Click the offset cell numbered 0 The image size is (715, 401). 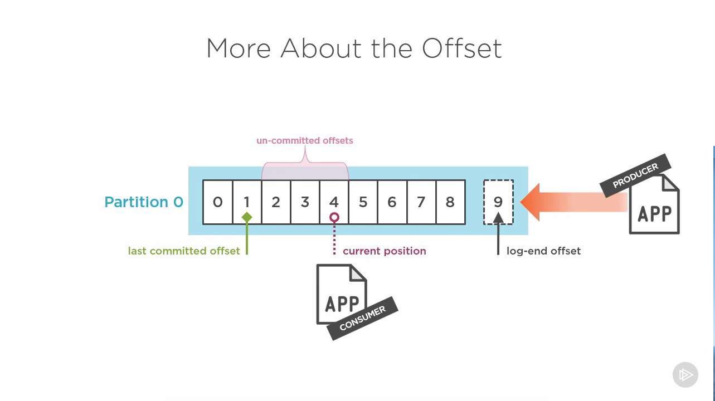pos(218,202)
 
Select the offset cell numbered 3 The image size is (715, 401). pos(305,202)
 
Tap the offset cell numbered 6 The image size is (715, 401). pos(392,202)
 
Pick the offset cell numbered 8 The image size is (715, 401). pos(450,202)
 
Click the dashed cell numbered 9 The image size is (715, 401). pos(498,202)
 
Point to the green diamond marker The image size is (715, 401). pos(247,217)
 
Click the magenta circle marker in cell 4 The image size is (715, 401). pos(334,217)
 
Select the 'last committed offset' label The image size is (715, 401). pos(184,251)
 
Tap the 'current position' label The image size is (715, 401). pos(385,251)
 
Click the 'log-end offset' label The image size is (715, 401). pos(543,251)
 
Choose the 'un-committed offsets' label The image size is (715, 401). pos(305,141)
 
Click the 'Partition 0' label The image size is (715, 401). pos(144,202)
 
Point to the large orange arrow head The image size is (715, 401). pos(530,202)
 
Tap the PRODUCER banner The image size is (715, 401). pos(635,176)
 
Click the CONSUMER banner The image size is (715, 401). pos(363,319)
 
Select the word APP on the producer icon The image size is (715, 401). pos(655,213)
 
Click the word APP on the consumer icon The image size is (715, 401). pos(342,304)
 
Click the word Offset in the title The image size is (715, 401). pos(462,48)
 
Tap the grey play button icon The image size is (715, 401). pos(685,375)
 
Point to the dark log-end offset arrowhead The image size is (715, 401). pos(498,218)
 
